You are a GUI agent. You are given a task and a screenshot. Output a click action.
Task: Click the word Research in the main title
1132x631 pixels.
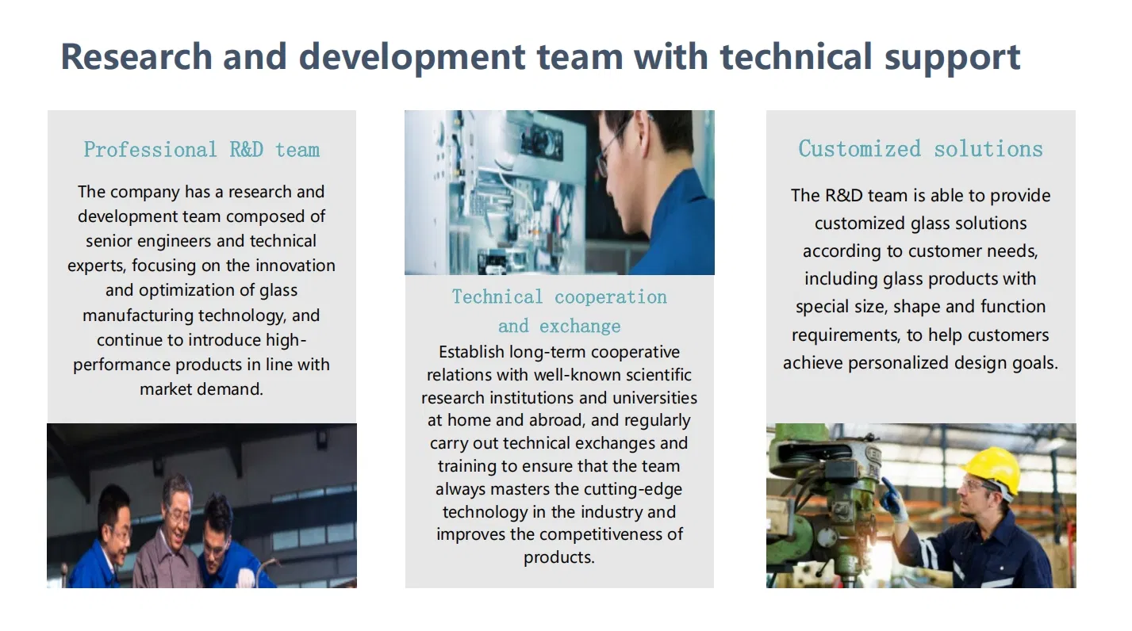click(x=136, y=56)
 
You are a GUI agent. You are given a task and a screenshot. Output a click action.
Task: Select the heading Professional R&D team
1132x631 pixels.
click(x=201, y=150)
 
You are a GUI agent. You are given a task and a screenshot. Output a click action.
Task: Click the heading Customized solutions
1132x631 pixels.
click(x=920, y=149)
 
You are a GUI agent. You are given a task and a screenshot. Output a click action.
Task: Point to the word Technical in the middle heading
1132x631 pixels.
click(x=497, y=296)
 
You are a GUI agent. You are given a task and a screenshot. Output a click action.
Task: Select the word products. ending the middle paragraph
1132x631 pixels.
click(x=559, y=557)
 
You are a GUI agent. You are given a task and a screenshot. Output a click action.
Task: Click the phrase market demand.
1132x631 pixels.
click(x=201, y=389)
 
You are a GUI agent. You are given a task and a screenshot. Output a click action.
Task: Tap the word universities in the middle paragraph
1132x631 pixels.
click(x=655, y=398)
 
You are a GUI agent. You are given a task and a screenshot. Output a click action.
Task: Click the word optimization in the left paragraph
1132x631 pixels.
click(x=186, y=291)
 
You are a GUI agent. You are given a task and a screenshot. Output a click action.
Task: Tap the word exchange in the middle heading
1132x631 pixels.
click(x=580, y=326)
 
